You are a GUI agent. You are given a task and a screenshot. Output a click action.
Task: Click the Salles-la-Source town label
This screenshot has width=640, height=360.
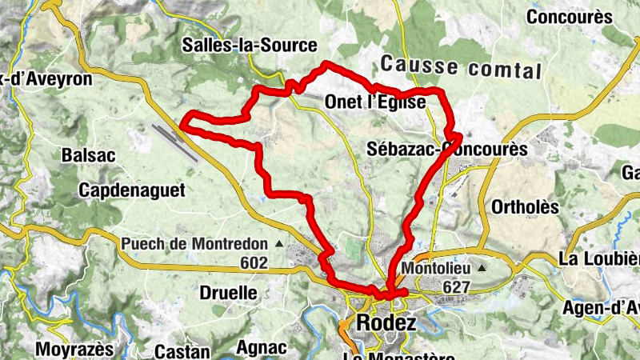point(250,45)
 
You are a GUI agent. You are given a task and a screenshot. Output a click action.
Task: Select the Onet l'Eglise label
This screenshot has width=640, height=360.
point(375,102)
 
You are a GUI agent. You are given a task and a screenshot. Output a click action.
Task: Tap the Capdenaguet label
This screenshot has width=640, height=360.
point(132,190)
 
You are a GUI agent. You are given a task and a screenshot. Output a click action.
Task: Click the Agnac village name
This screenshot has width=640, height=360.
point(262,348)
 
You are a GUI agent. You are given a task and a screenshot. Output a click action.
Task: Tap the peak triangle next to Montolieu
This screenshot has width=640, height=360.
point(482,269)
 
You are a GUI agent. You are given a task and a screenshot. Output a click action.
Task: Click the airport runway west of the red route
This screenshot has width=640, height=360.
point(176,141)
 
